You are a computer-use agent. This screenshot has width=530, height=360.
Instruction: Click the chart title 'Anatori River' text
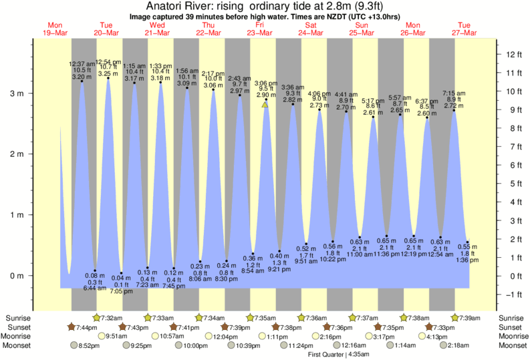pos(173,5)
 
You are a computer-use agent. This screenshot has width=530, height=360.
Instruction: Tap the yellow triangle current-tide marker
pos(265,104)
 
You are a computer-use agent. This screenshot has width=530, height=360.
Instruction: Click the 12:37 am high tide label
pos(82,64)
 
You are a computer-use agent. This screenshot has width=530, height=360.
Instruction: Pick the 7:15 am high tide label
pos(454,93)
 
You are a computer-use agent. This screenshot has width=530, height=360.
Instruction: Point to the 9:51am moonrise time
pos(118,337)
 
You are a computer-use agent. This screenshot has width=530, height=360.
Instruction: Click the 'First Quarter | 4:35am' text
pos(332,355)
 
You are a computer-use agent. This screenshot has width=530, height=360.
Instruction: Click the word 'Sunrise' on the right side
pos(511,317)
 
